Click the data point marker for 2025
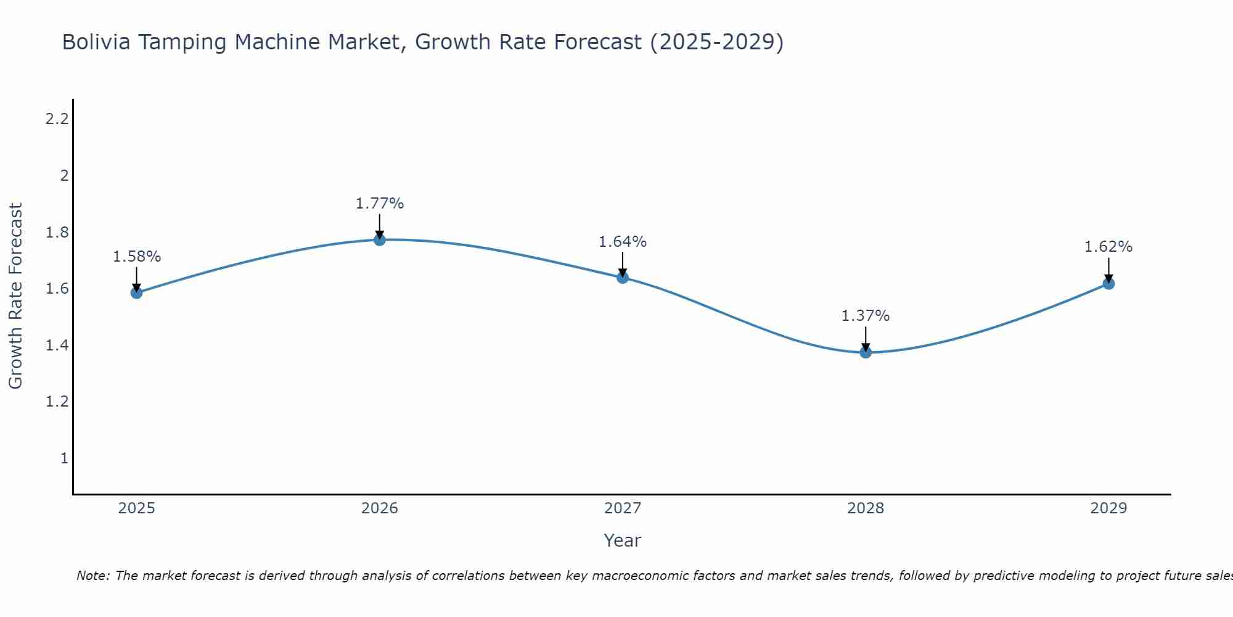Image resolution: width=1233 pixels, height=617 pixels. (137, 292)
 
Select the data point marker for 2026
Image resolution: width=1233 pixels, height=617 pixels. (380, 239)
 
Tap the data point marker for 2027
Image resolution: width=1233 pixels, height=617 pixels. (623, 278)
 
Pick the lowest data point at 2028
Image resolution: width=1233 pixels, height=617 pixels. (866, 352)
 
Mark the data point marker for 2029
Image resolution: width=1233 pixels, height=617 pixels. (1108, 284)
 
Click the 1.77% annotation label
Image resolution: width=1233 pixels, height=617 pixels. (380, 204)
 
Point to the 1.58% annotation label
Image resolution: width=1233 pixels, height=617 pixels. (137, 257)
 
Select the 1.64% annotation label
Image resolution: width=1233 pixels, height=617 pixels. (623, 242)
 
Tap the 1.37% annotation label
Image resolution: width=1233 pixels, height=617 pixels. (866, 316)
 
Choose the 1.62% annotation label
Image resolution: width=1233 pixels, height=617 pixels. (1108, 247)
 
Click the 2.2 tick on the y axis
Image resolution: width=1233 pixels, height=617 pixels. (57, 119)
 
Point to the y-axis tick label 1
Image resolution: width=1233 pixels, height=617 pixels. (64, 458)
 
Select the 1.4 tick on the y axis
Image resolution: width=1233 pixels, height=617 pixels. (57, 346)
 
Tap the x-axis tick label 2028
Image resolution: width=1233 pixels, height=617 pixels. (866, 508)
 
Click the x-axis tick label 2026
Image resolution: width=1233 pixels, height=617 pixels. (380, 508)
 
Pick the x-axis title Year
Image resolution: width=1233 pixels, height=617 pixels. (623, 540)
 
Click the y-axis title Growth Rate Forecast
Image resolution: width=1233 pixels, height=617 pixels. (15, 296)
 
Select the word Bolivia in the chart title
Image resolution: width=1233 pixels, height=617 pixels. (96, 43)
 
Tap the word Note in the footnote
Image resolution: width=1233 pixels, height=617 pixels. (92, 576)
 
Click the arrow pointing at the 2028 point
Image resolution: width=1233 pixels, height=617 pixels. (866, 339)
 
